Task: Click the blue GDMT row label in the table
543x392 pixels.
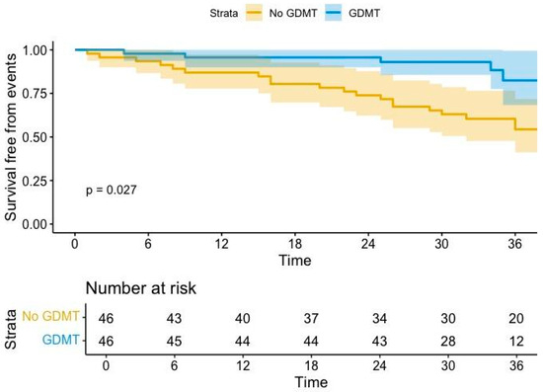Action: tap(61, 341)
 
